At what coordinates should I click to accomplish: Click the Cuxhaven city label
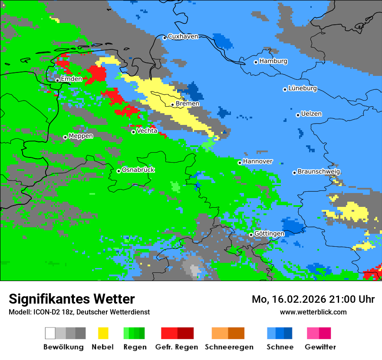pos(183,36)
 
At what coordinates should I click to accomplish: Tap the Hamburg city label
pos(273,61)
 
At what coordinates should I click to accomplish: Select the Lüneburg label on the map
pos(303,88)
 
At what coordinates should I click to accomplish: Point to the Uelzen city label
pos(311,114)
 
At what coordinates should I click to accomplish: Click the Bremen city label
pos(188,104)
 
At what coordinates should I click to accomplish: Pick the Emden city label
pos(71,79)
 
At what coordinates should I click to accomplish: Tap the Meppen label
pos(81,136)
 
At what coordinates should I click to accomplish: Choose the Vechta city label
pos(147,131)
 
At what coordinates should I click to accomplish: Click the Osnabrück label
pos(138,170)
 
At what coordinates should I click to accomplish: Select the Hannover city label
pos(257,161)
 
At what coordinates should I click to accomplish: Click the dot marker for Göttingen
pos(251,235)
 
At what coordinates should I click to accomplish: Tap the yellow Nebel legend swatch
pos(103,333)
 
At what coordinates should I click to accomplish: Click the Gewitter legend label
pos(320,347)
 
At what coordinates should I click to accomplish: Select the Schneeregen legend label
pos(229,347)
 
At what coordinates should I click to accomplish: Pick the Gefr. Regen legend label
pos(177,347)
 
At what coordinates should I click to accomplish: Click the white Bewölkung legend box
pos(50,333)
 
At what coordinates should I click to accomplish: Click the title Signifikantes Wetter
pos(72,299)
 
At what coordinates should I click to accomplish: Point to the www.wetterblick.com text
pos(313,312)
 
